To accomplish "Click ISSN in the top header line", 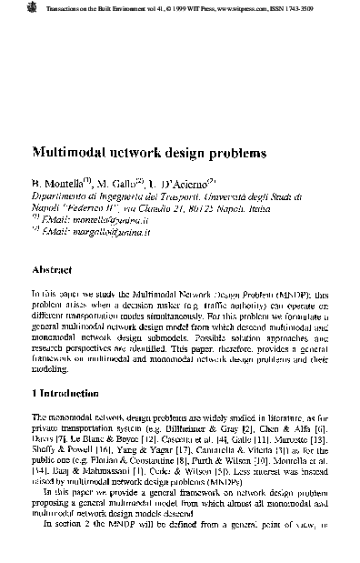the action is point(300,7).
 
